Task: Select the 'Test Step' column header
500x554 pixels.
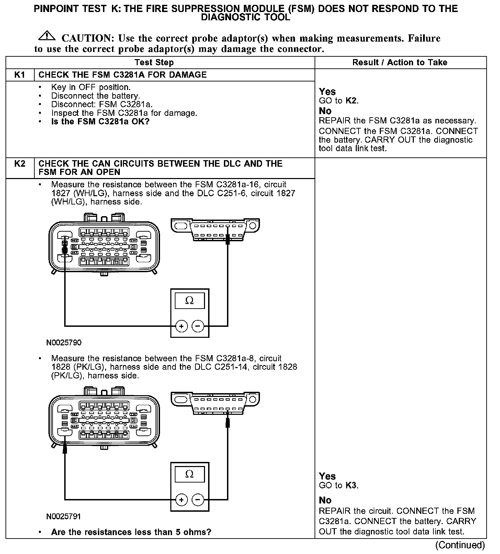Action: (x=154, y=63)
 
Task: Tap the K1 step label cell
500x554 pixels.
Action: (x=20, y=75)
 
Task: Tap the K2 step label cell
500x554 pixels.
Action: (x=20, y=164)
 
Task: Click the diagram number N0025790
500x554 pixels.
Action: (x=64, y=343)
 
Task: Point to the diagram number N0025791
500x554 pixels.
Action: (x=64, y=517)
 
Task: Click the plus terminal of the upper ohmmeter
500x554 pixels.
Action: (x=181, y=326)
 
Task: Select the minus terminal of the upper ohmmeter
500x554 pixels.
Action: (x=198, y=326)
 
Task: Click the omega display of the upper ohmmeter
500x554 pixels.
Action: (x=190, y=301)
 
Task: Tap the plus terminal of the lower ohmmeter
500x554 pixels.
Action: (x=181, y=500)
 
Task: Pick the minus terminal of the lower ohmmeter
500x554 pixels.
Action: (x=198, y=500)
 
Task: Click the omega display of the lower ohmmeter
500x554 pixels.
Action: (x=190, y=475)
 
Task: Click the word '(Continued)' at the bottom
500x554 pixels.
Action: (x=460, y=545)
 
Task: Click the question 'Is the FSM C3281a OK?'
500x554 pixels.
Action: (x=100, y=122)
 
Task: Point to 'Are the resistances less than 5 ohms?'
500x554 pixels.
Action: (x=131, y=532)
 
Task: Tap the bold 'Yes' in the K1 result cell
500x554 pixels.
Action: (x=327, y=92)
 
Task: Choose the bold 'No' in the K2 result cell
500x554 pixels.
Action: (x=325, y=500)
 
